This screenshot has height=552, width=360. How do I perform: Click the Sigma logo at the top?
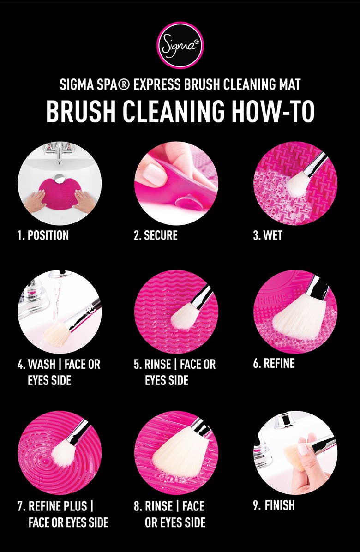[x=180, y=45]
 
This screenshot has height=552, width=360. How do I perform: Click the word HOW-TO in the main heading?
[x=273, y=111]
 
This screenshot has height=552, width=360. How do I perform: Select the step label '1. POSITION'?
[x=42, y=235]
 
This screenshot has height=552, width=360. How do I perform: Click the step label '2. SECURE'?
[x=156, y=235]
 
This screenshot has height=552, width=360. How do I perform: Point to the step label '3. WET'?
[x=267, y=235]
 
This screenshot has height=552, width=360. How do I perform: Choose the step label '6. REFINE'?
[x=274, y=363]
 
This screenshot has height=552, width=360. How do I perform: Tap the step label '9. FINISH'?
[x=274, y=505]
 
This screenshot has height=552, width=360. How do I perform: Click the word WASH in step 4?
[x=42, y=364]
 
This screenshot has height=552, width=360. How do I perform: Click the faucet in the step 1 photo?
[x=59, y=151]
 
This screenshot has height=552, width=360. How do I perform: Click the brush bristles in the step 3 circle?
[x=297, y=184]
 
